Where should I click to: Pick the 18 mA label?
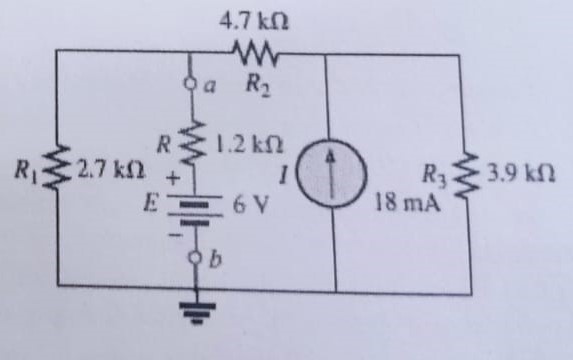[x=405, y=202]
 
